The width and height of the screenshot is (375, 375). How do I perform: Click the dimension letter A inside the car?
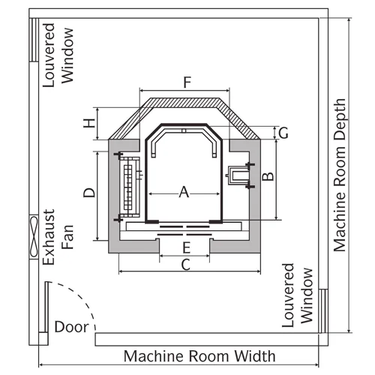[184, 192]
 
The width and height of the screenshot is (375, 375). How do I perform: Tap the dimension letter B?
[268, 176]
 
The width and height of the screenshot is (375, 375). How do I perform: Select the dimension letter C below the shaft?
[186, 265]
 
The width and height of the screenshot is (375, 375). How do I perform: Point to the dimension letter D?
[89, 193]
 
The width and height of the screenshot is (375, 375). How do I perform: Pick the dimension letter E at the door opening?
[187, 248]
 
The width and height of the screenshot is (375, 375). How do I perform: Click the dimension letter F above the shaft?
[187, 82]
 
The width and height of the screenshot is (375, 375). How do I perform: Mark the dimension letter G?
[283, 133]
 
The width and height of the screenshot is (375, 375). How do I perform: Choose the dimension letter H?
[89, 123]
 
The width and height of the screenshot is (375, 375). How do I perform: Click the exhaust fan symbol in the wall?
[34, 237]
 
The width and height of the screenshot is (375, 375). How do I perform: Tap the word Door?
[71, 327]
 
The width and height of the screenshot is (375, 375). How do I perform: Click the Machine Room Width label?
[199, 356]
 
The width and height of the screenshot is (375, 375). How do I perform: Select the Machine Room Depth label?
[340, 175]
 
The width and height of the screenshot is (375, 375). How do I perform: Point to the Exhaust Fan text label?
[58, 237]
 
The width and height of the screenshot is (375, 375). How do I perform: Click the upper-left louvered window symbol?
[34, 40]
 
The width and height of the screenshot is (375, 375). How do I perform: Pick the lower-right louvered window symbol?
[323, 310]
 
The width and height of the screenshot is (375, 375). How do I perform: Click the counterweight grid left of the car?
[129, 187]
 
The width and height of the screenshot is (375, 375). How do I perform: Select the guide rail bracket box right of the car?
[238, 175]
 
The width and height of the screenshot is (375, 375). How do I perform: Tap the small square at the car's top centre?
[184, 130]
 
